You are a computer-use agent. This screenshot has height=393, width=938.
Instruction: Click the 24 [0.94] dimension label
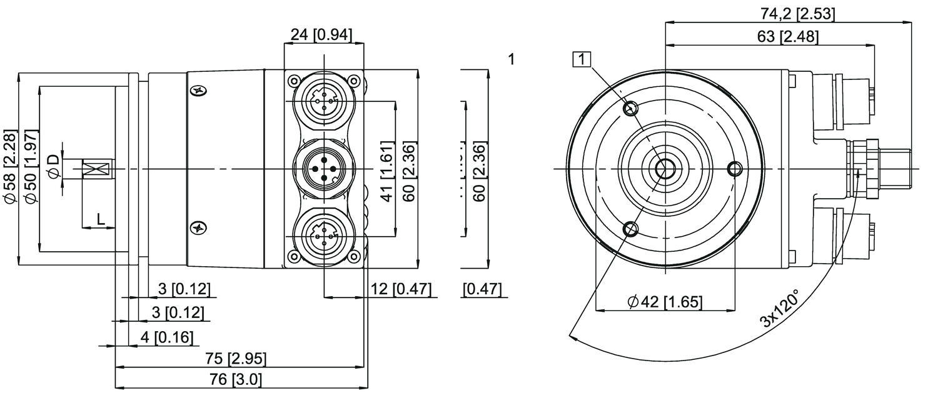click(x=323, y=35)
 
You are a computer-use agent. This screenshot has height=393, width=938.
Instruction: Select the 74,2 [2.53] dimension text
click(x=789, y=14)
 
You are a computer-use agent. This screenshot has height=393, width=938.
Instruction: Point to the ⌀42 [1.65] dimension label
click(x=665, y=302)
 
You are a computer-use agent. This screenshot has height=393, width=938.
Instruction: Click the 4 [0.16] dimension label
click(x=166, y=337)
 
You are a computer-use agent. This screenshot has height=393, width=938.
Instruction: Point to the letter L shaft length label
click(x=101, y=219)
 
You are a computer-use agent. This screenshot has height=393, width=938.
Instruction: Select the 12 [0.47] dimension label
click(x=400, y=289)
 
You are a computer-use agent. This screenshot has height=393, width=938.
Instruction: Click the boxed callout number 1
click(x=582, y=59)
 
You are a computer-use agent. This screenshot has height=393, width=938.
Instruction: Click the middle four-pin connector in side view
click(x=324, y=169)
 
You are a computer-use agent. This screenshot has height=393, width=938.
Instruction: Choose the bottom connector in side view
click(x=324, y=238)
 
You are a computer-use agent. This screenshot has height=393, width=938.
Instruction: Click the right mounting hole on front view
click(x=735, y=169)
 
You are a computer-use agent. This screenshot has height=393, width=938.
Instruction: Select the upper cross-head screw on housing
click(x=198, y=91)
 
